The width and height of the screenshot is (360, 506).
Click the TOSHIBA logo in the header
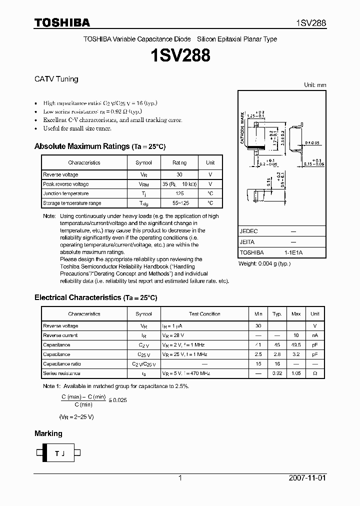coord(62,22)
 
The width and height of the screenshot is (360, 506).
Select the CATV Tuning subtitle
coord(56,79)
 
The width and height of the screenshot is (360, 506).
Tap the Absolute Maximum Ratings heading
coord(81,146)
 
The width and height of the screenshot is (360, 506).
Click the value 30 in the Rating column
coord(179,174)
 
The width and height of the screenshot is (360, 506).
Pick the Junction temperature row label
coord(66,193)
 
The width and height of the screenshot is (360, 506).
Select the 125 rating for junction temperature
coord(179,193)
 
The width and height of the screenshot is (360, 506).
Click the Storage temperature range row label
coord(72,203)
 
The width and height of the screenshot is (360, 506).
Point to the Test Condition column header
coord(204,314)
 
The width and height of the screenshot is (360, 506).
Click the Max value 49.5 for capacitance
coord(296,345)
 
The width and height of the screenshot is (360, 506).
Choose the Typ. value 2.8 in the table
coord(276,354)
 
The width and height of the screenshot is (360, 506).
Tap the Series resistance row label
coord(61,373)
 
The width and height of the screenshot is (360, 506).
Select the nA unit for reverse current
coord(314,335)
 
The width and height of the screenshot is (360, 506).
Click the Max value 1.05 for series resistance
coord(296,373)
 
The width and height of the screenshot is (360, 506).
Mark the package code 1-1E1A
coord(293,253)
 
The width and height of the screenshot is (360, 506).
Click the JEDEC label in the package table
coord(248,231)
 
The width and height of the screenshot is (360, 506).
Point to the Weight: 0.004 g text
coord(264,263)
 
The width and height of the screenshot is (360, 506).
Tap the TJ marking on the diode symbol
coord(59,453)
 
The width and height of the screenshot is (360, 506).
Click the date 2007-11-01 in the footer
coord(307,478)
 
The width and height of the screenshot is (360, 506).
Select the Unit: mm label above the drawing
coord(315,85)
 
